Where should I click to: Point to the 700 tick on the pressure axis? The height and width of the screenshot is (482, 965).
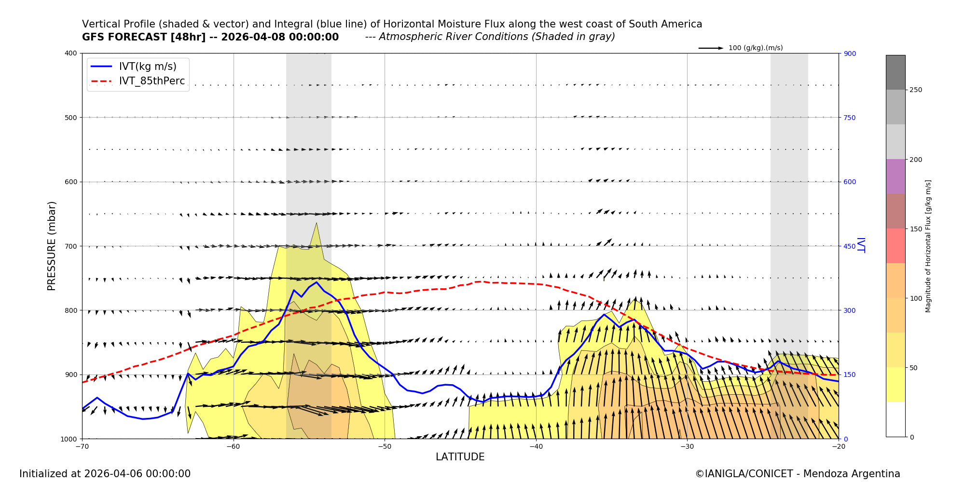[70, 246]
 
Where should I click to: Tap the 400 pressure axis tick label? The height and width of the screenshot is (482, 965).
[70, 54]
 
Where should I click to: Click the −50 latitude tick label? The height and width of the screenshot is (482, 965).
[385, 446]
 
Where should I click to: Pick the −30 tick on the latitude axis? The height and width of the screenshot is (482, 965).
[687, 446]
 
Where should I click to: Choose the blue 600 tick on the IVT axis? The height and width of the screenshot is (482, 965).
[850, 182]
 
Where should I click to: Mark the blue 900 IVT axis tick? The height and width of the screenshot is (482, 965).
[850, 54]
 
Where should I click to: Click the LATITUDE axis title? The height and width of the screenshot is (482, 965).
[460, 457]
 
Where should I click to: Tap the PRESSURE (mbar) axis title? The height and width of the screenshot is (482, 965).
[52, 246]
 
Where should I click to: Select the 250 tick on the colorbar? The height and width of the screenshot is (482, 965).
[916, 90]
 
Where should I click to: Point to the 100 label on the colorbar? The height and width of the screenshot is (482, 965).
[916, 298]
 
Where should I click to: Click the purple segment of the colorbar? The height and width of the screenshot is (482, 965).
[896, 176]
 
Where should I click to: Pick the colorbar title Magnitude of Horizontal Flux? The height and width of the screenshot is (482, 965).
[928, 246]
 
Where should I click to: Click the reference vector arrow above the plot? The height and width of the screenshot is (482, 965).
[711, 48]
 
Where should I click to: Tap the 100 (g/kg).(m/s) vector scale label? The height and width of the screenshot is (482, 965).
[756, 48]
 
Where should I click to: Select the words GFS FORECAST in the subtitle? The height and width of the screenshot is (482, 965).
[124, 37]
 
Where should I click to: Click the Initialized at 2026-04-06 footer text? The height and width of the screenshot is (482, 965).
[105, 474]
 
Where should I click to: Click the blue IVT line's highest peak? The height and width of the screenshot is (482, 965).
[317, 282]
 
